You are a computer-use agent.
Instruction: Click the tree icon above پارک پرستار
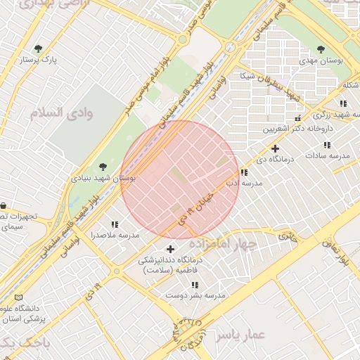click(x=39, y=49)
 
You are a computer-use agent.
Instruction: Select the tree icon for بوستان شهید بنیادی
click(x=103, y=167)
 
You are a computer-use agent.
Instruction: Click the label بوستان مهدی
click(x=321, y=62)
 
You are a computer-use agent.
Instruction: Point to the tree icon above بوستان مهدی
click(x=321, y=49)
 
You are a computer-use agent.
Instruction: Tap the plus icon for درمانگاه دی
click(x=275, y=148)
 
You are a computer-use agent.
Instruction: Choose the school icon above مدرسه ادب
click(x=243, y=172)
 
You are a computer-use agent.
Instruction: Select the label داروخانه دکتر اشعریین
click(x=297, y=129)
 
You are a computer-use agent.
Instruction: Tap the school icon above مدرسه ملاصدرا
click(x=114, y=224)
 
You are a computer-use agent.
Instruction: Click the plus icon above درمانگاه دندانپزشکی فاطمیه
click(x=170, y=249)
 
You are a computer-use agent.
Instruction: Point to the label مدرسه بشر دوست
click(x=195, y=296)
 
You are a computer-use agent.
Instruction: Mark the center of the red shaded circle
click(x=180, y=179)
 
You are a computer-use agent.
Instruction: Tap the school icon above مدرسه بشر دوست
click(x=195, y=285)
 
